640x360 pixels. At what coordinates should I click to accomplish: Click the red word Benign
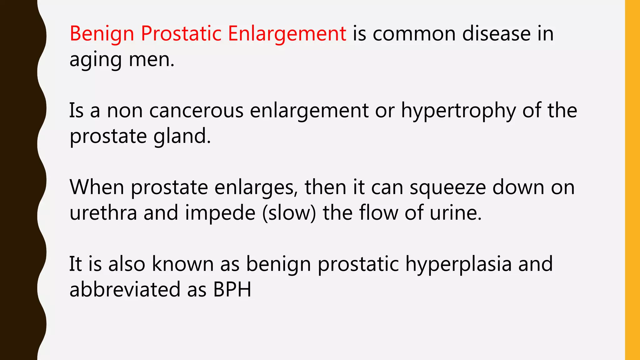(102, 34)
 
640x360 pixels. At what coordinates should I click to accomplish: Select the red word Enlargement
(287, 34)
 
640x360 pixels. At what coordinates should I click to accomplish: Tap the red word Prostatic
(181, 34)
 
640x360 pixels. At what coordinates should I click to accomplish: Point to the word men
(151, 59)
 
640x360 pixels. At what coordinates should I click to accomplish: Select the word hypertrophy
(458, 111)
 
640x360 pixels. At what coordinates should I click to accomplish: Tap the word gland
(182, 136)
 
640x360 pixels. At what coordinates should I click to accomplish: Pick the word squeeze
(447, 188)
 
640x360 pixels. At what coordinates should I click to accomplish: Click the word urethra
(103, 213)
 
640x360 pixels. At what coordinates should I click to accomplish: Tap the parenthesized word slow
(289, 213)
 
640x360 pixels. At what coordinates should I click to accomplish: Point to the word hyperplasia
(458, 264)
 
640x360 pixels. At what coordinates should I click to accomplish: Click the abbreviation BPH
(232, 289)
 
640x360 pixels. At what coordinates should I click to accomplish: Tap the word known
(183, 264)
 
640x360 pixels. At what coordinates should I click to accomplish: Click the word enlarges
(256, 188)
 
